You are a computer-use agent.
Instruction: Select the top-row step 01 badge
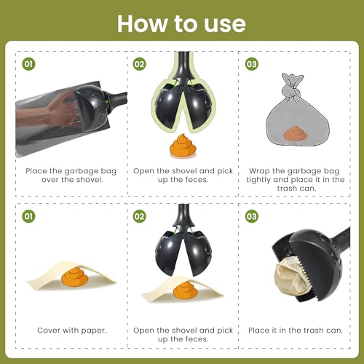[28, 64]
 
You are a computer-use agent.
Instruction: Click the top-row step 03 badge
[251, 64]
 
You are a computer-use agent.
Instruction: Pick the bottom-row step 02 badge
[140, 216]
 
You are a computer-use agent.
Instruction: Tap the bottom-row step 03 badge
[251, 216]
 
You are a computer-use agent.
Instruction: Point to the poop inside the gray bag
[295, 133]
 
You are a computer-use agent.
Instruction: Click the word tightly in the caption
[258, 180]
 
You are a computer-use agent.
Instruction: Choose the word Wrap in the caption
[259, 171]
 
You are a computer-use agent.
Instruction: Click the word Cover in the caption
[48, 331]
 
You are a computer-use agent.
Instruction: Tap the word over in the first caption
[50, 180]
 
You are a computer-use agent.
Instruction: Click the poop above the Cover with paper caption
[74, 277]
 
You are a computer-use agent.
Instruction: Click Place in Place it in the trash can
[258, 331]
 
